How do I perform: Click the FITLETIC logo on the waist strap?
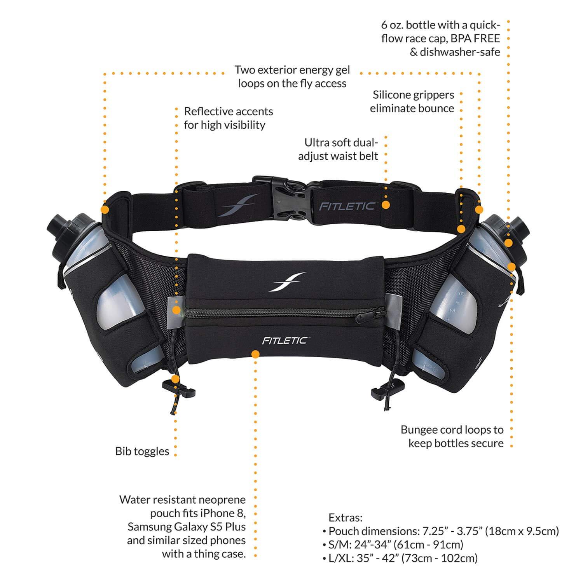tap(347, 206)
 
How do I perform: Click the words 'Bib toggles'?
tap(142, 451)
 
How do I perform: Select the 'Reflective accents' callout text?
tap(229, 112)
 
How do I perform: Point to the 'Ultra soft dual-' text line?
tap(341, 143)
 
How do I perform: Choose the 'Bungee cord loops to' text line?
tap(452, 430)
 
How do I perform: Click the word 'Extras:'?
tap(346, 518)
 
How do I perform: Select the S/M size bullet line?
tap(393, 545)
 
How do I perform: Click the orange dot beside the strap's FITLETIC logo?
tap(386, 205)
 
